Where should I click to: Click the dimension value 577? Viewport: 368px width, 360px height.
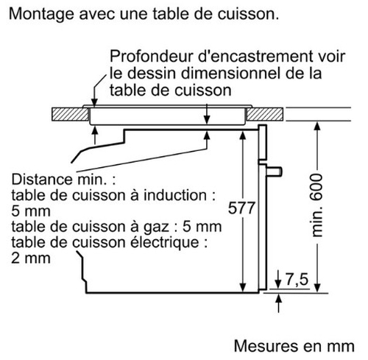(x=242, y=208)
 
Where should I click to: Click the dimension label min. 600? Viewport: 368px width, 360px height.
(x=316, y=205)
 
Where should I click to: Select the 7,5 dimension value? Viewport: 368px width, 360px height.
(x=297, y=279)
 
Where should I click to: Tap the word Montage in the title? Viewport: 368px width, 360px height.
(x=41, y=15)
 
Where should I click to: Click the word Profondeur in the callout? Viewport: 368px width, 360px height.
(x=152, y=57)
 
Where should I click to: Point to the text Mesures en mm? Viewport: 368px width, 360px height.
(x=294, y=346)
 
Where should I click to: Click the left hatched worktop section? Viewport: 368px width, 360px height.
(x=70, y=114)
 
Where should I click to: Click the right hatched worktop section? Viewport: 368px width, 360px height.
(x=265, y=114)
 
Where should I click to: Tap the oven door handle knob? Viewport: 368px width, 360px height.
(x=274, y=172)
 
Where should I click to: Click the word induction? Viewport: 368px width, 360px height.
(x=174, y=195)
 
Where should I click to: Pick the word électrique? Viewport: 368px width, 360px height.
(x=164, y=243)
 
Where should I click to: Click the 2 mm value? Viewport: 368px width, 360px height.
(x=31, y=258)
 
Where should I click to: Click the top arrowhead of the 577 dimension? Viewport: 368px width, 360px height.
(x=242, y=135)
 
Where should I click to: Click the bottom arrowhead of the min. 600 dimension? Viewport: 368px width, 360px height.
(x=317, y=288)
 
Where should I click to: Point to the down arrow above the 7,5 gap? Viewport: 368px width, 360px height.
(x=278, y=279)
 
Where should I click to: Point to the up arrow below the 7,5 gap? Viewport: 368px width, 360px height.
(x=278, y=303)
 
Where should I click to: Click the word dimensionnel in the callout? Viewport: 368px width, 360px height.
(x=230, y=73)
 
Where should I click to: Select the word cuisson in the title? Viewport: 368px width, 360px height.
(x=248, y=15)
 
